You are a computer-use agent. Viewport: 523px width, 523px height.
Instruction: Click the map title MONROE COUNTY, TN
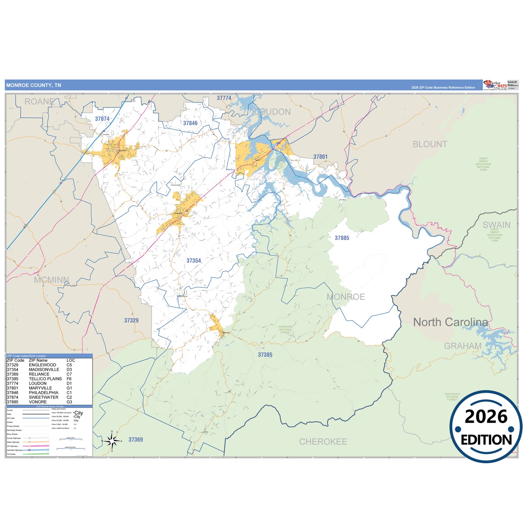pos(34,85)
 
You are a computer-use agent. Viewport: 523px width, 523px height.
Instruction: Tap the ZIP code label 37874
pos(102,119)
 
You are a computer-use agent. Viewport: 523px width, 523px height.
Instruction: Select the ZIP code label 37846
pos(190,123)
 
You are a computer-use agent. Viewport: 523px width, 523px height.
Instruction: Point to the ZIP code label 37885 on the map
pos(342,238)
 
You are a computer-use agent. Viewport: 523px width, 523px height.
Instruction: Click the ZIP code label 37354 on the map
pos(194,261)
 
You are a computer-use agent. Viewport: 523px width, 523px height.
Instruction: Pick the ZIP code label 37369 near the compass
pos(135,440)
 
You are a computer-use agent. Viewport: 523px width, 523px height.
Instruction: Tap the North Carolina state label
pos(450,322)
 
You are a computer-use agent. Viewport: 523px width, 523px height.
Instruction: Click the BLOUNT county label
pos(430,144)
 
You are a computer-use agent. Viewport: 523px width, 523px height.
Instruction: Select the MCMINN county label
pos(51,280)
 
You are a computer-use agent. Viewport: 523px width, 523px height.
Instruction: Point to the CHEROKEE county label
pos(323,442)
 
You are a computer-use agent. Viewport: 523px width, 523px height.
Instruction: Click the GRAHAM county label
pos(463,346)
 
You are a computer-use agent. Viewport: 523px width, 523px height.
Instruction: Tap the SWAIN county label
pos(496,225)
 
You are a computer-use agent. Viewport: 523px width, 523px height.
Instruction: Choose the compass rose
pos(112,441)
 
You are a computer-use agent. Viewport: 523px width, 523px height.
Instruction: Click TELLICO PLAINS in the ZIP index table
pos(45,379)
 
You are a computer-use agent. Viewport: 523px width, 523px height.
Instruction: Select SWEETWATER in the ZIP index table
pos(43,397)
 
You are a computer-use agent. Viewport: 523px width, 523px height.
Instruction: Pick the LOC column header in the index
pos(71,360)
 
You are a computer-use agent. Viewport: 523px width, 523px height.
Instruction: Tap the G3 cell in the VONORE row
pos(69,402)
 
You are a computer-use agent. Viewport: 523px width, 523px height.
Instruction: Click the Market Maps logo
pos(495,85)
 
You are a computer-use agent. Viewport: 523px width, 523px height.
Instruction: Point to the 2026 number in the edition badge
pos(486,417)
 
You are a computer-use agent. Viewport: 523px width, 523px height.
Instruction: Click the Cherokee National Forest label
pos(286,329)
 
